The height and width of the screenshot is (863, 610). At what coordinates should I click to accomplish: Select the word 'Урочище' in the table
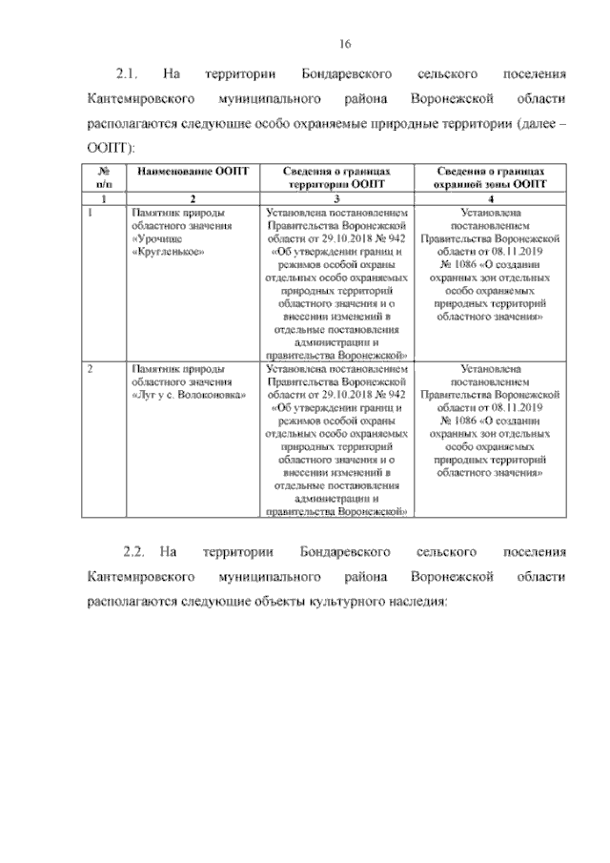tap(156, 238)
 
